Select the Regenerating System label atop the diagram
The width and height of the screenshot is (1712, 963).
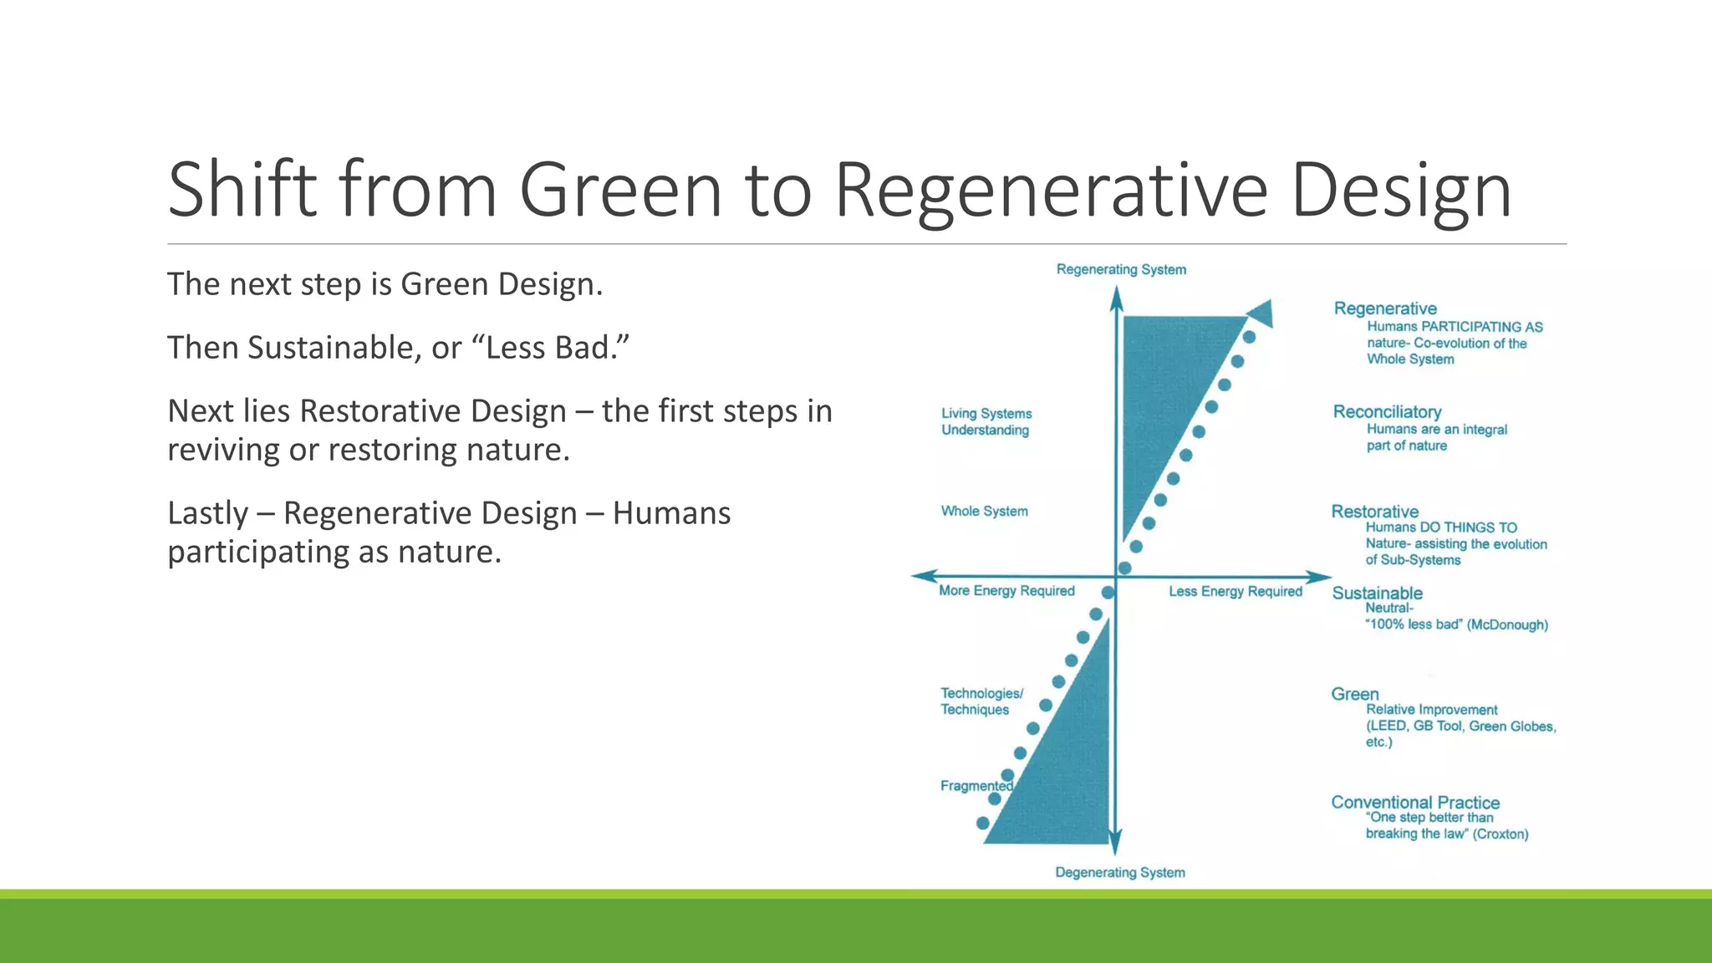1121,269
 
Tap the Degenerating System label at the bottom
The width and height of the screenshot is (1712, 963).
1119,872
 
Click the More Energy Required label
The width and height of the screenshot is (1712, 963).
1006,591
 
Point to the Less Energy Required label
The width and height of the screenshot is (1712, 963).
1235,591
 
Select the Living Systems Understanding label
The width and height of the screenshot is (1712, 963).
986,421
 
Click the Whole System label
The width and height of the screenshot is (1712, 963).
984,511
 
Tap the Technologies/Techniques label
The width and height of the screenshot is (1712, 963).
981,701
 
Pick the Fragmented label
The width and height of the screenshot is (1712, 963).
976,786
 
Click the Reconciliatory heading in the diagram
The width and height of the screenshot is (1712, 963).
1387,411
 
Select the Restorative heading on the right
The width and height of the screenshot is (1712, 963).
1374,511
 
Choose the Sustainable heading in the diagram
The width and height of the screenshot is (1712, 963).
1377,593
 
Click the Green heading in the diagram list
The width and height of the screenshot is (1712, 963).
1354,694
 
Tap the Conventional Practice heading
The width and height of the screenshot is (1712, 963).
1414,802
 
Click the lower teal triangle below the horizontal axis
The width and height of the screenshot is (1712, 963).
1070,769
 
